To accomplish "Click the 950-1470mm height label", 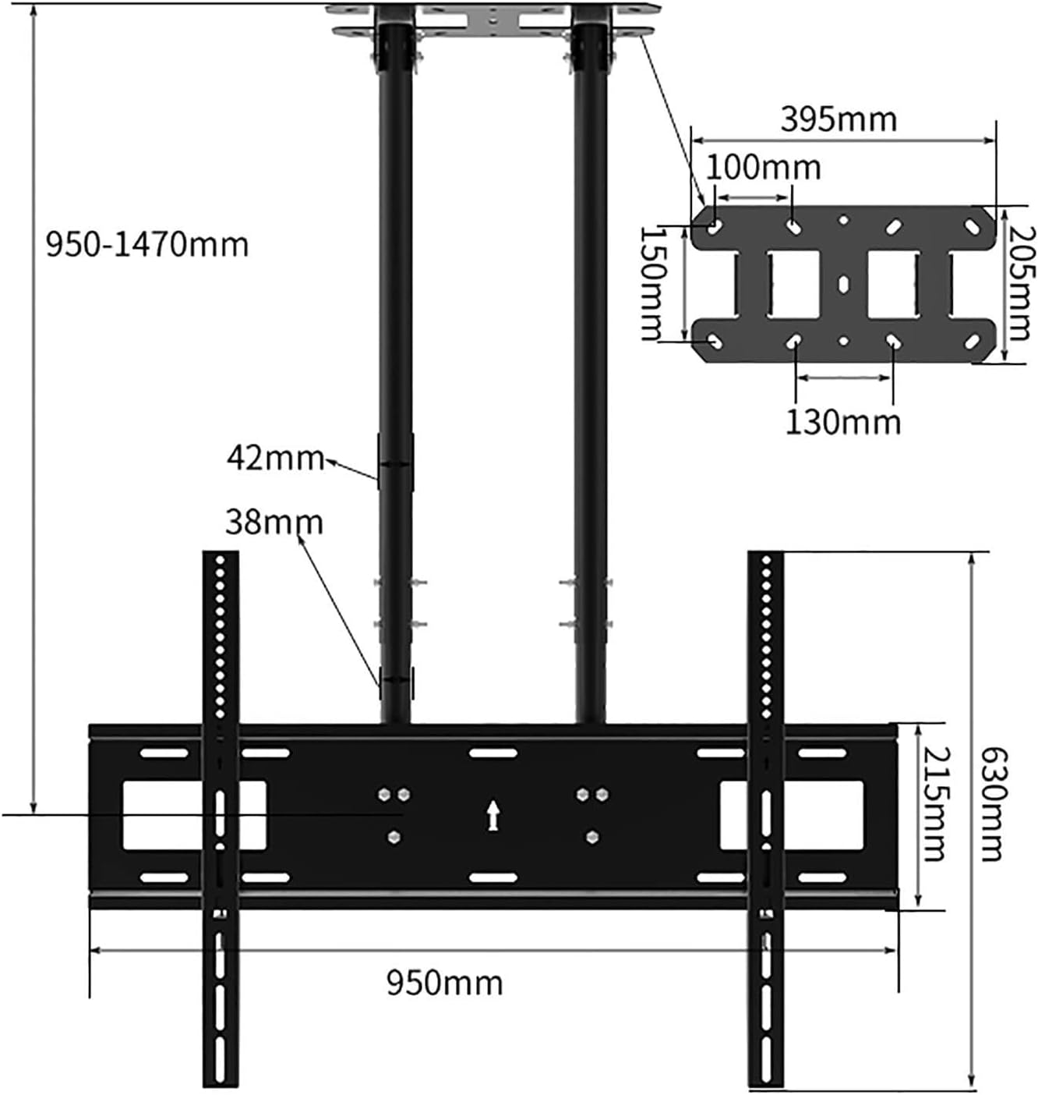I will point(147,245).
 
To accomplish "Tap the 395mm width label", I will point(839,119).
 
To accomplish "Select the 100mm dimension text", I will point(763,167).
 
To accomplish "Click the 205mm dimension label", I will point(1020,284).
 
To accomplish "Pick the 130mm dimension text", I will point(842,422).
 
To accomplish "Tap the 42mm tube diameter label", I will point(274,457).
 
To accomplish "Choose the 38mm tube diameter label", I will point(274,522).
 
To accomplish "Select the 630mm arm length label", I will point(992,803).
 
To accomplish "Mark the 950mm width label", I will point(444,982).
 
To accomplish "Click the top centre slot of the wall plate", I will point(493,753).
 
